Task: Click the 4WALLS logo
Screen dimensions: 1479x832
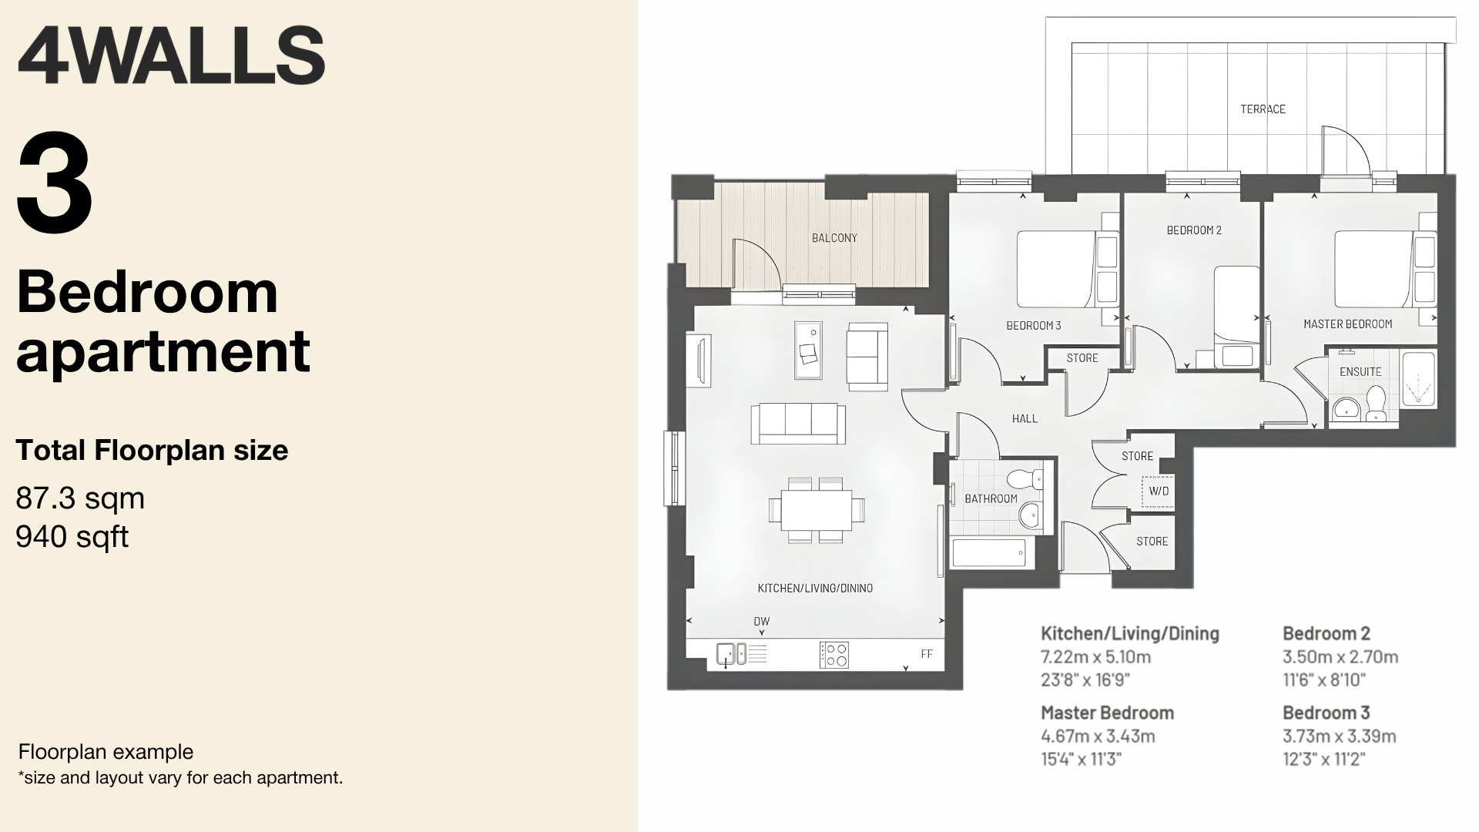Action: (x=170, y=55)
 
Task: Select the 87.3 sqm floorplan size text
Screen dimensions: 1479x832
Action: (x=80, y=498)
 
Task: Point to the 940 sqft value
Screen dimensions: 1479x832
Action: (x=72, y=537)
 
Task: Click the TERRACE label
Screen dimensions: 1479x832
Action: (x=1263, y=109)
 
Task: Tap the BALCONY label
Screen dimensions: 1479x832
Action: (x=834, y=238)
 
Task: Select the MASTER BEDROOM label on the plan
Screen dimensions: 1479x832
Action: (x=1347, y=324)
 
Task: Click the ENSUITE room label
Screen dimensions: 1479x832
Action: (x=1360, y=371)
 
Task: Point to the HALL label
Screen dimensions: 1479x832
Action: (x=1025, y=419)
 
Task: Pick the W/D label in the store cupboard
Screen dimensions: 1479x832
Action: (x=1159, y=491)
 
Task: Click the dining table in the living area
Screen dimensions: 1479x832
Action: (x=817, y=510)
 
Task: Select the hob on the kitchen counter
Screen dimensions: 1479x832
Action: (x=834, y=655)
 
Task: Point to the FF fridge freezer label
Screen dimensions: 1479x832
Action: (x=927, y=654)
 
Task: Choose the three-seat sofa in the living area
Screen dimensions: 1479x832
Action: (x=798, y=423)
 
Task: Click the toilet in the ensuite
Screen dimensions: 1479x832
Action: (x=1376, y=404)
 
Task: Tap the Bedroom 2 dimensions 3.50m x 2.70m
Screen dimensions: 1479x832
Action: (x=1340, y=657)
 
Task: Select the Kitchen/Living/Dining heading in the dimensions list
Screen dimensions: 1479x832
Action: (x=1130, y=633)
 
